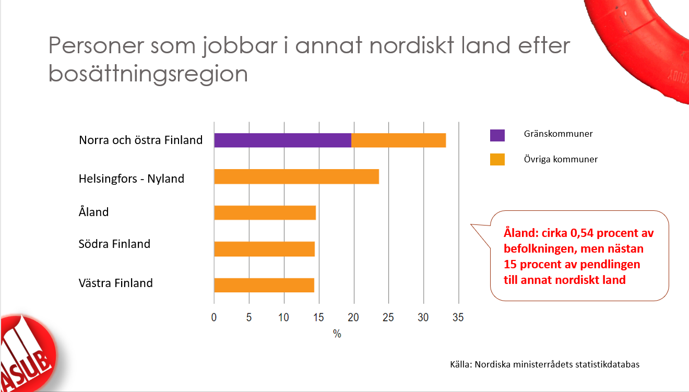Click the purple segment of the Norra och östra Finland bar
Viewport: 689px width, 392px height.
tap(282, 140)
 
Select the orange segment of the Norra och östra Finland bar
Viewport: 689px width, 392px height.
tap(399, 140)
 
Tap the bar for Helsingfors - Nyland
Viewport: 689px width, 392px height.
tap(296, 177)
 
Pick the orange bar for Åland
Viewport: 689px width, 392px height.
tap(265, 213)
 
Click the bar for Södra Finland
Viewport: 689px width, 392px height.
tap(264, 249)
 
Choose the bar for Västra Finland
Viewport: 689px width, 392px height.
tap(264, 285)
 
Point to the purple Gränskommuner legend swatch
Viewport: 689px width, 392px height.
tap(497, 135)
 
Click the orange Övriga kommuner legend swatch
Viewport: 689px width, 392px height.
tap(497, 160)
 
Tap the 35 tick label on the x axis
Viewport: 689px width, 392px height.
tap(458, 317)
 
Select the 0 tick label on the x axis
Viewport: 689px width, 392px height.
tap(214, 317)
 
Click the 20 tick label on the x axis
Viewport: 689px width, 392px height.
tap(353, 317)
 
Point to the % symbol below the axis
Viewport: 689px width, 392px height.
tap(337, 334)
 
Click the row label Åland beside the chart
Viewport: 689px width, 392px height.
tap(94, 212)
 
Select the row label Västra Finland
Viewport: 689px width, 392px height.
tap(116, 283)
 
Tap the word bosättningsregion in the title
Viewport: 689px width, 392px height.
tap(148, 74)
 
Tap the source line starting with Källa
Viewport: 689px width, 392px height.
tap(544, 364)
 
